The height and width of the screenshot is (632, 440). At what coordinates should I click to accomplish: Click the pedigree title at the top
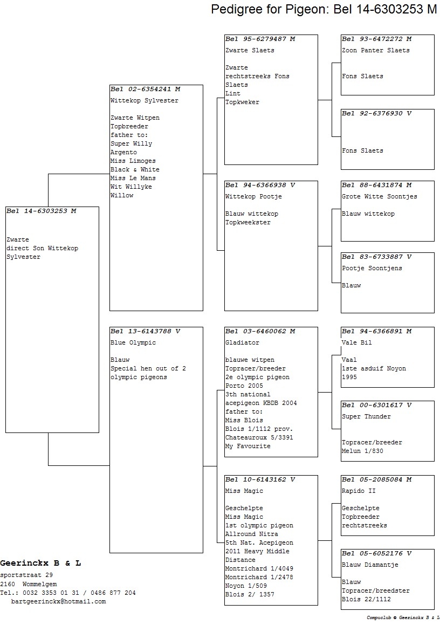tap(324, 9)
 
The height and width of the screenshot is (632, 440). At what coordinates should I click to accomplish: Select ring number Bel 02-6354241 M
tap(146, 89)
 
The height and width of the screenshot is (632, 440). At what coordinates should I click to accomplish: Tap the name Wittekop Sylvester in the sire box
tap(145, 101)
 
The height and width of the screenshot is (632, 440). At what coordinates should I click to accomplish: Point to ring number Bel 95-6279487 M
tap(260, 39)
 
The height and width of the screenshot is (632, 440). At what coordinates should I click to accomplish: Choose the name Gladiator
tap(243, 342)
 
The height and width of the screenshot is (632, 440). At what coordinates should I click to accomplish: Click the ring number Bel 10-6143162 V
tap(260, 479)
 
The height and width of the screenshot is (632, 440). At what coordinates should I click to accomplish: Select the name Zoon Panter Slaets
tap(375, 50)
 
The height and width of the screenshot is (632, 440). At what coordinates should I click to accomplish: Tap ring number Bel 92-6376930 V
tap(377, 114)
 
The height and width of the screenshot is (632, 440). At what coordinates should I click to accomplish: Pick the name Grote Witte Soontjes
tap(380, 197)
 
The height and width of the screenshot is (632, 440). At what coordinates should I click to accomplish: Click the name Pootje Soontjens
tap(372, 269)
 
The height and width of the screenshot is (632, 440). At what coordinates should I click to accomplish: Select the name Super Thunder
tap(366, 417)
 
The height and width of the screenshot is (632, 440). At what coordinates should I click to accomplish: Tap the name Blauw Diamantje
tap(370, 565)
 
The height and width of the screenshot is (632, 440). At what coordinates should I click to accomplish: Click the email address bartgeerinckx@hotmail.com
tap(58, 602)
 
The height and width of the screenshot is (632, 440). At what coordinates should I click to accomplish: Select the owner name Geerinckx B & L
tap(40, 564)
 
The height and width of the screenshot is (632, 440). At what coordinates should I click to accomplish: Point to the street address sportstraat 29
tap(26, 575)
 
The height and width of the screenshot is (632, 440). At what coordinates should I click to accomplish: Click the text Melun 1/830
tap(363, 451)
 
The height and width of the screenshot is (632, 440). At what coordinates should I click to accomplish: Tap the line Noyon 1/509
tap(246, 586)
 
